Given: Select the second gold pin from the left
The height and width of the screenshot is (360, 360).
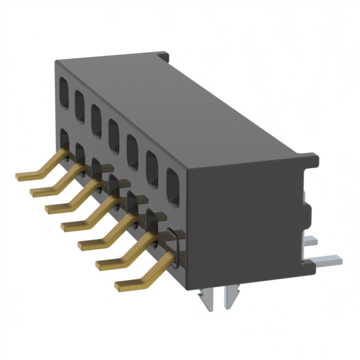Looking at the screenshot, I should [45, 189].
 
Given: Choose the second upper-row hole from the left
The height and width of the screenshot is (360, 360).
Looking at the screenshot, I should [80, 101].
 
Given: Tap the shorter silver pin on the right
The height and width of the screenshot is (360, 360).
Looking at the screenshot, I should [312, 241].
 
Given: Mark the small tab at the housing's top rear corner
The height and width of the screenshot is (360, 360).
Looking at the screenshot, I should [164, 56].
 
